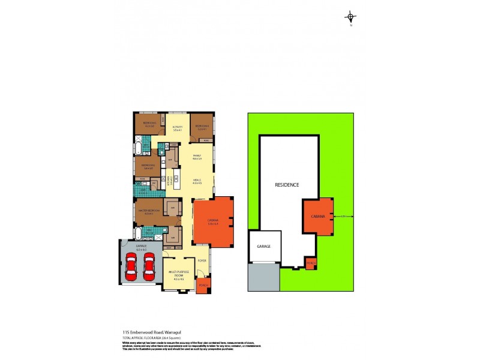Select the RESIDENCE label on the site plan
point(287,185)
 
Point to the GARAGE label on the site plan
point(264,247)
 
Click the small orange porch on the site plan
point(310,264)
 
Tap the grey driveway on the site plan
point(263,278)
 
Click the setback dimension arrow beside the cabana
point(343,217)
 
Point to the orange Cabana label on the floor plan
point(213,222)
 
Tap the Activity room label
point(177,128)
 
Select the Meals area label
point(196,181)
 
